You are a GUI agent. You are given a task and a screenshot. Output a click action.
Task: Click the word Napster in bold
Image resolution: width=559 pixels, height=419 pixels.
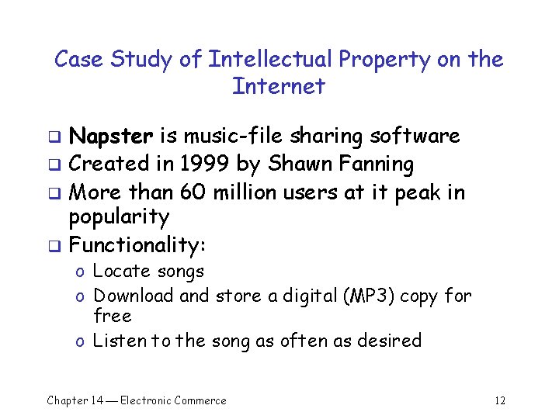click(112, 137)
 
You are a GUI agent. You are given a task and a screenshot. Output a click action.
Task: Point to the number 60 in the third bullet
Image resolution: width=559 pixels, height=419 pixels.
click(191, 191)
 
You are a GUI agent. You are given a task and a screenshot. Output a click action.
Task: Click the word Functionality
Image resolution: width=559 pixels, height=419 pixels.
click(136, 245)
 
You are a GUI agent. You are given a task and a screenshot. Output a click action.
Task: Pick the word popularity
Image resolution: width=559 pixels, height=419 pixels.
click(119, 216)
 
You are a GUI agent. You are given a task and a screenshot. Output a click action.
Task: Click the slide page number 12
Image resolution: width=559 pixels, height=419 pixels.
click(499, 400)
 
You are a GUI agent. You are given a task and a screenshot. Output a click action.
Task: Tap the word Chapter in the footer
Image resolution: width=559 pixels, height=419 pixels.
click(67, 400)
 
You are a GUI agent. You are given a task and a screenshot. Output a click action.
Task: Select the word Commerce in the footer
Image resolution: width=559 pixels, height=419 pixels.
click(200, 400)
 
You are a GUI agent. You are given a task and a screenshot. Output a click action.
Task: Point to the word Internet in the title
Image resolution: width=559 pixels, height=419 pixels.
click(278, 86)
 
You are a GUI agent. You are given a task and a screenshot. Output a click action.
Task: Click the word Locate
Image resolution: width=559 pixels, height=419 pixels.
click(121, 272)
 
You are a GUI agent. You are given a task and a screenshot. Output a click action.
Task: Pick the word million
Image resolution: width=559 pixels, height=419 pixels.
click(247, 191)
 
